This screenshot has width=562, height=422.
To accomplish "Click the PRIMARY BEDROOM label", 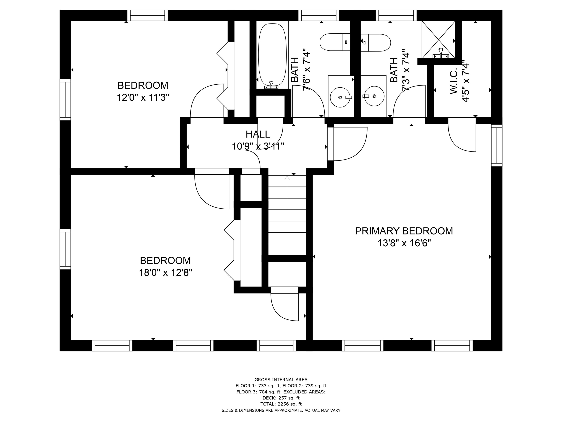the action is (x=404, y=231).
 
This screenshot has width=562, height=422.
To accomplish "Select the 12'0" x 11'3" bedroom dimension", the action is (x=143, y=97).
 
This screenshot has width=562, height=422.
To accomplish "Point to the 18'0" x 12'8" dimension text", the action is (x=165, y=273).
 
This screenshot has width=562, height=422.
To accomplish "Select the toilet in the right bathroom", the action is (x=376, y=43).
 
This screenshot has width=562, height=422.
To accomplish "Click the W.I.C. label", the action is (x=454, y=82).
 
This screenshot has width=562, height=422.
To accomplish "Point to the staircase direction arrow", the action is (x=287, y=215).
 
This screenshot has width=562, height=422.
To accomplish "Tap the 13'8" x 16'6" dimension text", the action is (x=404, y=243).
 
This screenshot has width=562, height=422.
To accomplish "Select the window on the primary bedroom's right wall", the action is (x=497, y=145).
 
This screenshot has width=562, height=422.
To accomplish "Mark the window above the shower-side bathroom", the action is (x=396, y=15).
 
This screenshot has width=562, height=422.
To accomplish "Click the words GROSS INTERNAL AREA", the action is (x=281, y=380).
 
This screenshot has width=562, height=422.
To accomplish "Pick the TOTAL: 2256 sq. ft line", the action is (x=281, y=404).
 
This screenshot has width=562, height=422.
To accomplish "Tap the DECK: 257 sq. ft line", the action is (x=281, y=398).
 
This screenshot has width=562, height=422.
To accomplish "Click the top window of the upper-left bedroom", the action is (x=147, y=15).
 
